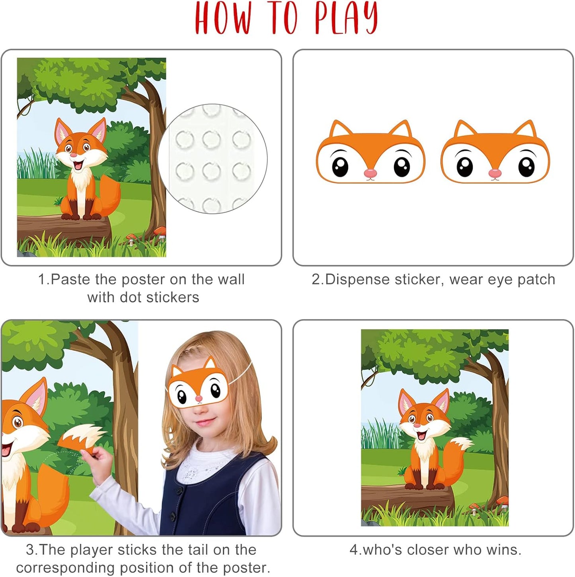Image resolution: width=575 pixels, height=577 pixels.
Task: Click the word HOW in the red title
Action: point(223,18)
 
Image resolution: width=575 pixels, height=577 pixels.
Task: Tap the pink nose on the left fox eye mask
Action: point(370,173)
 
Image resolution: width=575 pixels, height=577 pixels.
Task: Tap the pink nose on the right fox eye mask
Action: point(495,173)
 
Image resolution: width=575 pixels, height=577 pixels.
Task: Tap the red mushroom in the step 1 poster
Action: point(160,231)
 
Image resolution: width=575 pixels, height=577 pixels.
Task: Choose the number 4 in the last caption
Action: point(353,550)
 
